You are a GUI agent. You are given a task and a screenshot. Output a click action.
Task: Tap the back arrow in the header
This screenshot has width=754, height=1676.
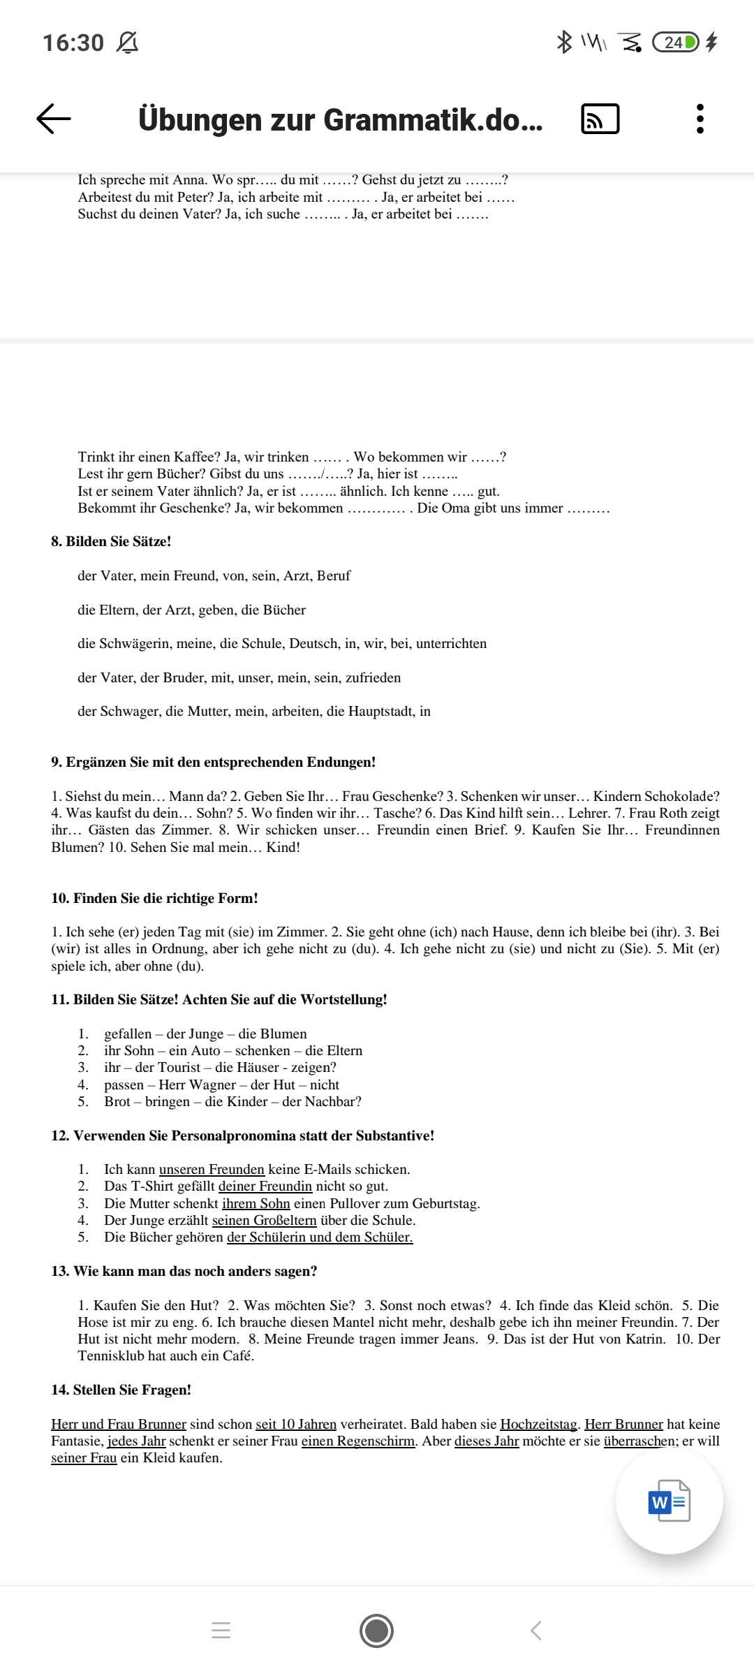[54, 119]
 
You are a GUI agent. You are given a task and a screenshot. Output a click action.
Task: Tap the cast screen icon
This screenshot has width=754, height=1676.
[600, 119]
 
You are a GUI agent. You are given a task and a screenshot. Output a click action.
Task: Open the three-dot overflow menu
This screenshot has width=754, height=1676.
[700, 119]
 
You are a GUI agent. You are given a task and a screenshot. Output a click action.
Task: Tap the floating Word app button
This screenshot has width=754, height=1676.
[669, 1501]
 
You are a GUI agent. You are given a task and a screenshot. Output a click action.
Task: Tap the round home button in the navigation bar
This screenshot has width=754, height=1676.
[376, 1631]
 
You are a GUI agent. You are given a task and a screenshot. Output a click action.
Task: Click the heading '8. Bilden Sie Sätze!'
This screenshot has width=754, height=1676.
[111, 541]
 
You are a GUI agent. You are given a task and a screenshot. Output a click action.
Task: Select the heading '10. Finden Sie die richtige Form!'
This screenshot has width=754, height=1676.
[154, 898]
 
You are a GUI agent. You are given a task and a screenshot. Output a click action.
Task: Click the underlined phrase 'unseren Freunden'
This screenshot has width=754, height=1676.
[212, 1169]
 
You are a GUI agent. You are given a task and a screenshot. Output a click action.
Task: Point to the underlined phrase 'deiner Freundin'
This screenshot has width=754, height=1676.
[265, 1186]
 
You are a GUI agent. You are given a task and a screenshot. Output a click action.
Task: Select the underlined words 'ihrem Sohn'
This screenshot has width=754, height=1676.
[256, 1203]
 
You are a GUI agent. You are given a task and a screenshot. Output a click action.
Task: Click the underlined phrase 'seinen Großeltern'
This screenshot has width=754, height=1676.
[264, 1220]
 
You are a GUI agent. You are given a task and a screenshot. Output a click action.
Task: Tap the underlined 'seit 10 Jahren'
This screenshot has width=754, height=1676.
[296, 1424]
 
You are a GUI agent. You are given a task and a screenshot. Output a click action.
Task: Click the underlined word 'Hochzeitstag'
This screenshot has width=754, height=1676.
[538, 1424]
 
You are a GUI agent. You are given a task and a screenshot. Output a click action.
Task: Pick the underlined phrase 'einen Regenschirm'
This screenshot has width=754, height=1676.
[358, 1441]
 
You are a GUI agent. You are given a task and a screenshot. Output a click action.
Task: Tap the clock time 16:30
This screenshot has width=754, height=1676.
[73, 43]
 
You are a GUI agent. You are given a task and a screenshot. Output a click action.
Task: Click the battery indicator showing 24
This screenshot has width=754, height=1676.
[674, 43]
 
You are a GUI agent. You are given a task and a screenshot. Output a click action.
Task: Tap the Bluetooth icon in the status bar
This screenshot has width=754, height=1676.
[563, 42]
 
